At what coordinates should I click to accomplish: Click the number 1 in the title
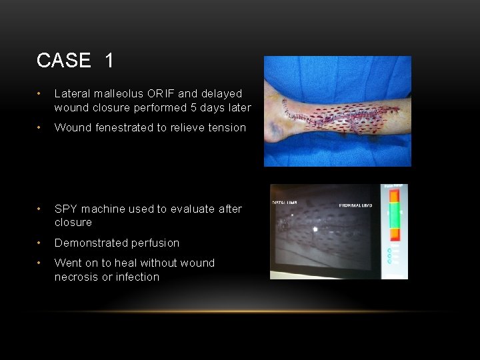tap(109, 61)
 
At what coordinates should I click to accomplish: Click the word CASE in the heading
tap(64, 61)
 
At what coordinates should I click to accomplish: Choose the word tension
tap(227, 127)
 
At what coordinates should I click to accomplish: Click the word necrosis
tap(77, 277)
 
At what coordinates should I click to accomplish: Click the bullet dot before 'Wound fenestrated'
tap(41, 128)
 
